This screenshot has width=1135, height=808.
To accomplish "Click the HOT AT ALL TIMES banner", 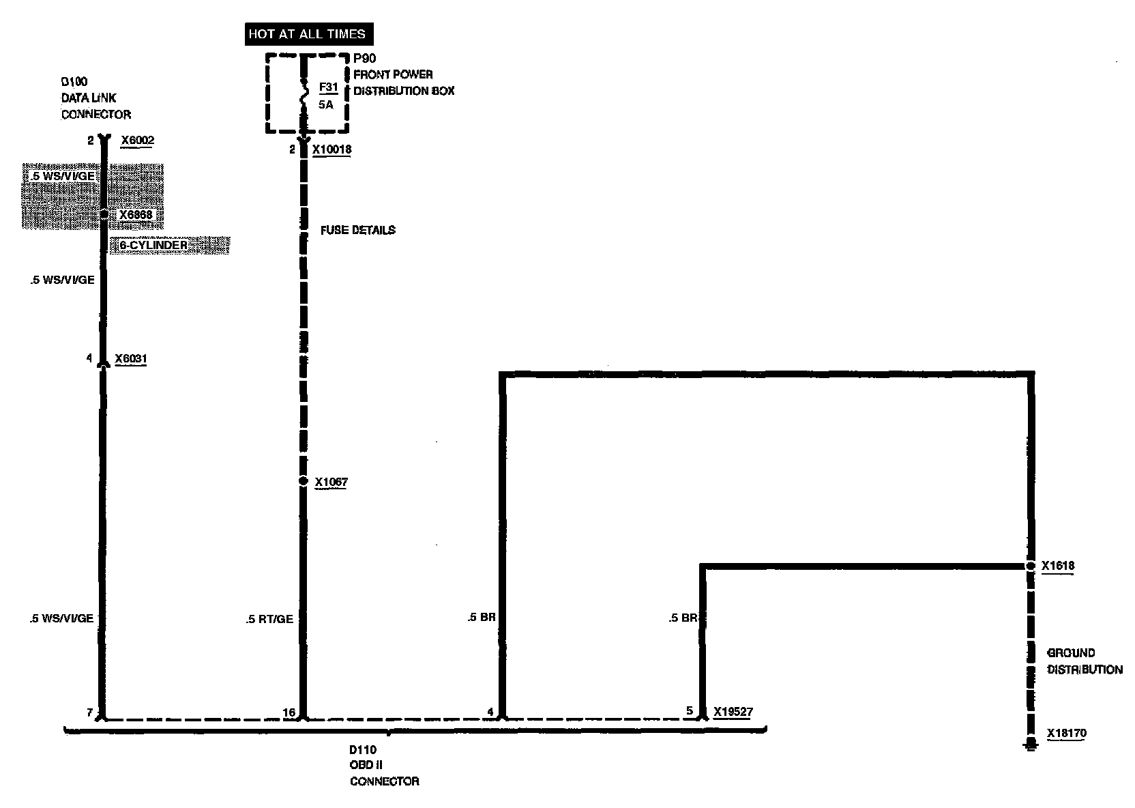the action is [x=306, y=34].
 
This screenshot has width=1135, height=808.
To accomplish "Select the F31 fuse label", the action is [x=328, y=87].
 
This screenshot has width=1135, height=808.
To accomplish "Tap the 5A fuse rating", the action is [x=326, y=105].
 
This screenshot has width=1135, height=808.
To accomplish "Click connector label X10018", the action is [x=331, y=149].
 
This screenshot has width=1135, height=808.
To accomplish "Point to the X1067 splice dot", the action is [x=304, y=481].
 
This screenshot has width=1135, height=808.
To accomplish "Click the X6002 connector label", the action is [x=138, y=141].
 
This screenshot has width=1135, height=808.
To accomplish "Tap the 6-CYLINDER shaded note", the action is [x=153, y=245].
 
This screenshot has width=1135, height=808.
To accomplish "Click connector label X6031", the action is [x=131, y=358].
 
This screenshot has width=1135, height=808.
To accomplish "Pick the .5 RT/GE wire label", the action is [x=270, y=619].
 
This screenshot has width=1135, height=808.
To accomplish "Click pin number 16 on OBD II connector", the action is [x=289, y=712].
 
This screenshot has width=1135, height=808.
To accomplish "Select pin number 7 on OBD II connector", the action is [x=89, y=712].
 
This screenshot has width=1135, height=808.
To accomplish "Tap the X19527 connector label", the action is [x=733, y=712].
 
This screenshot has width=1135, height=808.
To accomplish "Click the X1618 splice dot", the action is [x=1031, y=566].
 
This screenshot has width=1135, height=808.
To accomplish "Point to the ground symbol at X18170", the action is [x=1030, y=745].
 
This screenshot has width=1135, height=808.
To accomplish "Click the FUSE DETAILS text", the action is [x=358, y=230].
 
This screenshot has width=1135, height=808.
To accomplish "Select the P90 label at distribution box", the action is [x=364, y=59].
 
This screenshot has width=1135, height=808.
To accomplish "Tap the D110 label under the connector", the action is [x=363, y=749].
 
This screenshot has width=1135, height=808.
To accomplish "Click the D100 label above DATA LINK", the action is [x=74, y=82].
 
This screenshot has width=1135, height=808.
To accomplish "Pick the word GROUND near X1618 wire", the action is [x=1071, y=652].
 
